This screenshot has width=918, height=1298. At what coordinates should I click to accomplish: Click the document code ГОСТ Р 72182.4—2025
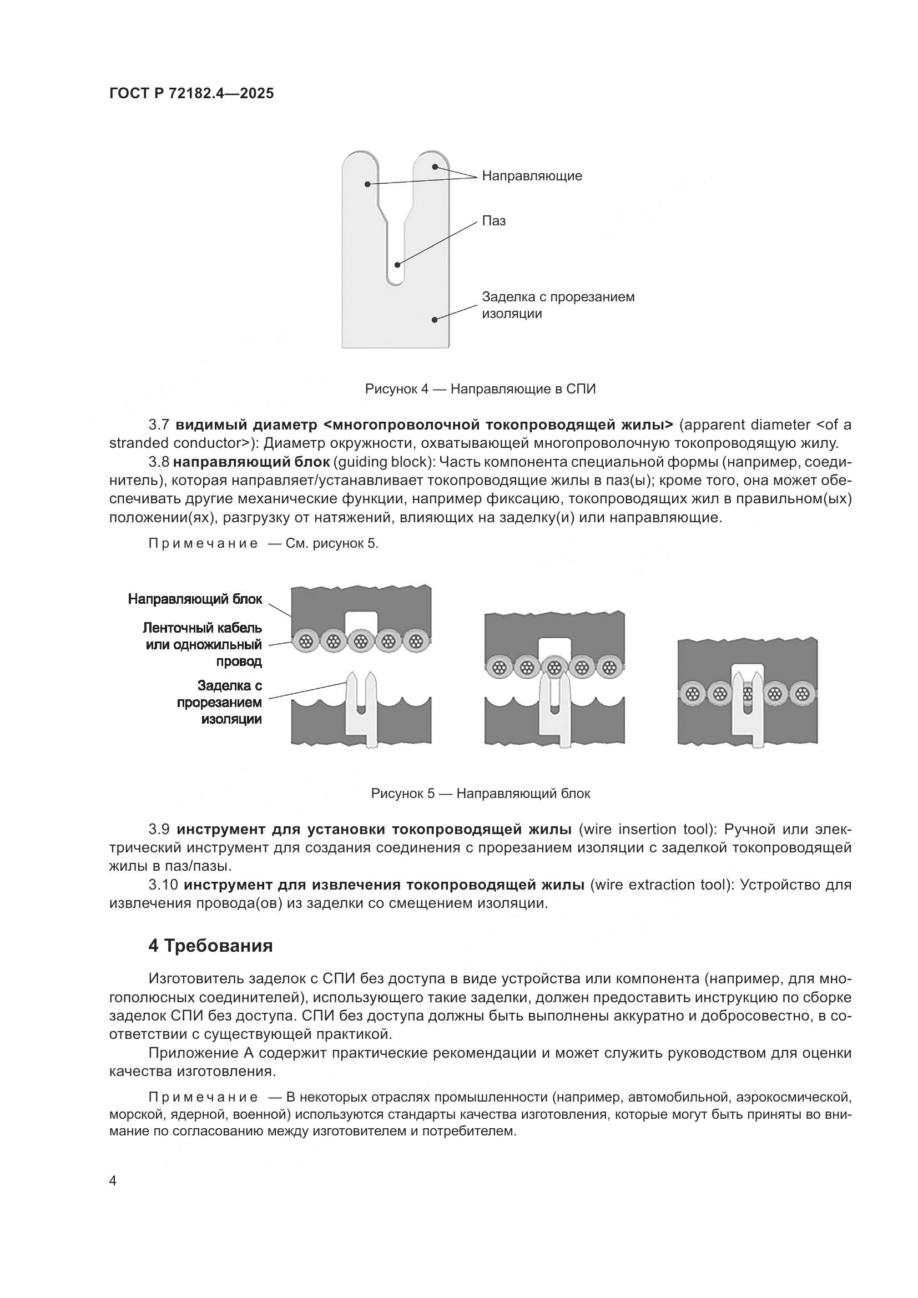click(x=191, y=93)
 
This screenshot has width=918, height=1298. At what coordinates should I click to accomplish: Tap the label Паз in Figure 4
click(x=493, y=221)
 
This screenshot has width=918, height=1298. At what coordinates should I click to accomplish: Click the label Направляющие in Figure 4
click(x=531, y=176)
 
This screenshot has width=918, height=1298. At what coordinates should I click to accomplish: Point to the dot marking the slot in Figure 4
click(x=397, y=265)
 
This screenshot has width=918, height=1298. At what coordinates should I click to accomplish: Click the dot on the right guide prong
click(x=435, y=166)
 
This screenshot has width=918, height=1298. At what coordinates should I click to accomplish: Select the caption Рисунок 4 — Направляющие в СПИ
click(x=480, y=389)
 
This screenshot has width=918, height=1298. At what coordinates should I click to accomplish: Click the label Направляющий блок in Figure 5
click(x=195, y=599)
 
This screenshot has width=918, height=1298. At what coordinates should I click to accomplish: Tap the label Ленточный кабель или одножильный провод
click(x=204, y=644)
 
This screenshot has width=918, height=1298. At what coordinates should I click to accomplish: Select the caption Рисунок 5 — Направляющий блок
click(x=480, y=793)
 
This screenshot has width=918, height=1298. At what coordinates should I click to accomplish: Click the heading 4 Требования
click(x=210, y=946)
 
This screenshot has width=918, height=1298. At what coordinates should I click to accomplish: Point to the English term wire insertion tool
click(x=644, y=829)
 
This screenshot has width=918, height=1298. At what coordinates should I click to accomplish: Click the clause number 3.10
click(x=163, y=885)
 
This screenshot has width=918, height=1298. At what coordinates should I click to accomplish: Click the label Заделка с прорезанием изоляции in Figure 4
click(x=557, y=305)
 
